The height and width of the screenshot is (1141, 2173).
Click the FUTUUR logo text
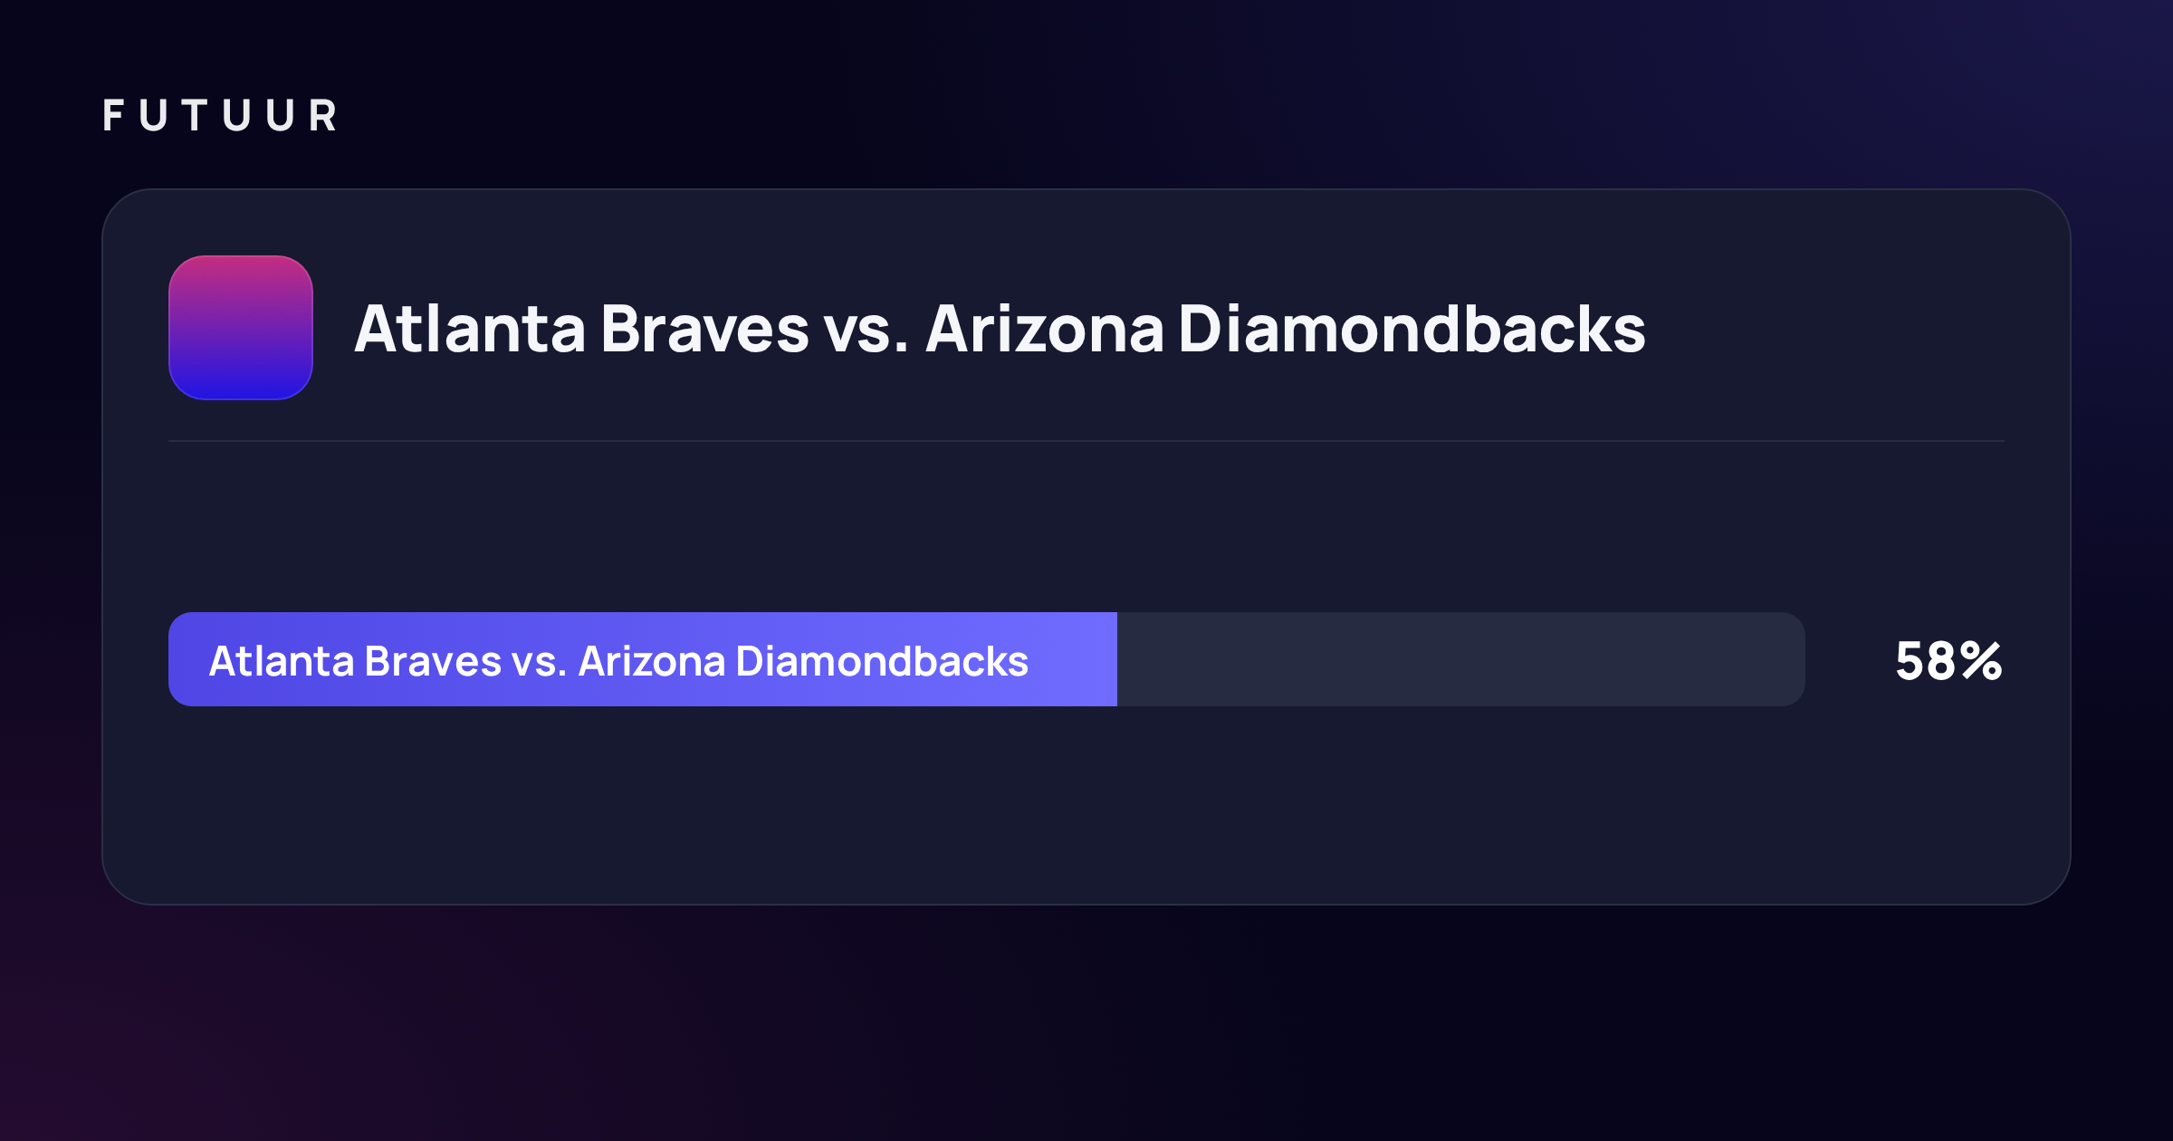[220, 116]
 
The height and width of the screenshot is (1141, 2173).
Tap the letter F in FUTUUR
[113, 116]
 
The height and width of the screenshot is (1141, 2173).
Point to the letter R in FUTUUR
[323, 116]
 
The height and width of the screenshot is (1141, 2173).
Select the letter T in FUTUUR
[195, 116]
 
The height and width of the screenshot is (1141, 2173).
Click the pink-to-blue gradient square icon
[241, 328]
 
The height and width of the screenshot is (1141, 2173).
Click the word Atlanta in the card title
[470, 328]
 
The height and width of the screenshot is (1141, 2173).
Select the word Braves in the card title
[704, 328]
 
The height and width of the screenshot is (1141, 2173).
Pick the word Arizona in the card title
[1045, 328]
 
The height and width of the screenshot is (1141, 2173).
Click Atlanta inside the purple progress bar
[282, 661]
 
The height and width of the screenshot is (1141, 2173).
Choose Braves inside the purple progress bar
[433, 661]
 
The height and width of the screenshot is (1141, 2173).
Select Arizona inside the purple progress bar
[652, 661]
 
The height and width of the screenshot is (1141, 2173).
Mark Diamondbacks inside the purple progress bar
[883, 661]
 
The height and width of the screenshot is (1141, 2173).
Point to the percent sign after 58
[1981, 661]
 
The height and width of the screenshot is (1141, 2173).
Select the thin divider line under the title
[1086, 441]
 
